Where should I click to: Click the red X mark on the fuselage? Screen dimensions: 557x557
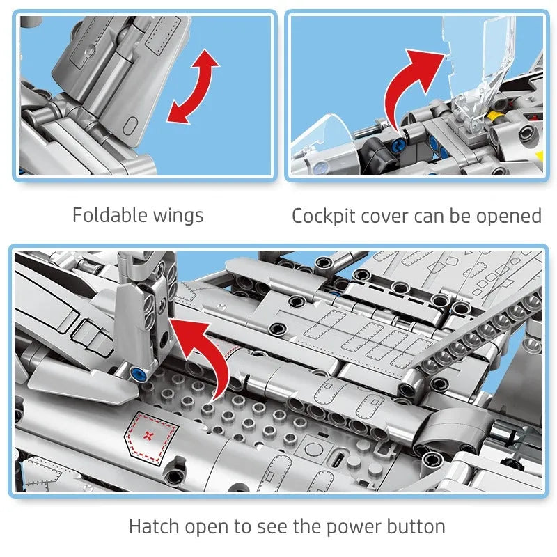148,435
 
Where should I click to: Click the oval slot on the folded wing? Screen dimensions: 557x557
131,125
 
